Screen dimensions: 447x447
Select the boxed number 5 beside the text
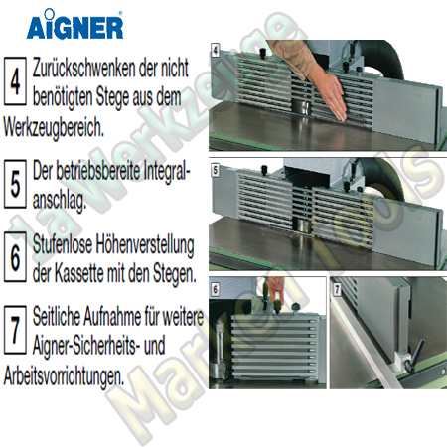[16, 185]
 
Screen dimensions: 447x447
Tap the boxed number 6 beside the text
[16, 256]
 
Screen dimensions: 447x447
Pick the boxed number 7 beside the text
[16, 327]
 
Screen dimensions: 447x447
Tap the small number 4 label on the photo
[216, 48]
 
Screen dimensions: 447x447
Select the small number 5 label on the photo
[216, 170]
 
